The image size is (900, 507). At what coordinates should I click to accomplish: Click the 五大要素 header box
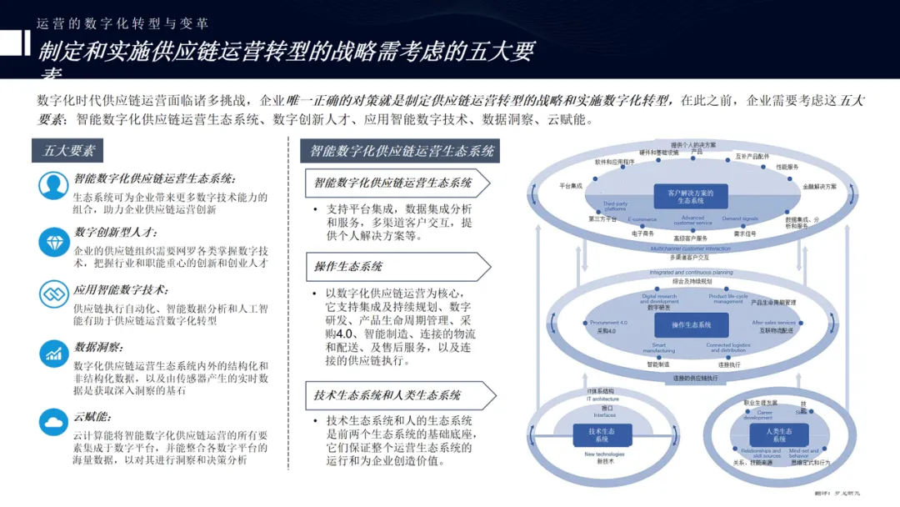point(69,151)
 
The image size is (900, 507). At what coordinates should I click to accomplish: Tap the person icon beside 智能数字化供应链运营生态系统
point(53,185)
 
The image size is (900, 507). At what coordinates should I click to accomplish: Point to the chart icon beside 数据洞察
point(53,354)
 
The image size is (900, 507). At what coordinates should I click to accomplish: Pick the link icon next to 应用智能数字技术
point(53,295)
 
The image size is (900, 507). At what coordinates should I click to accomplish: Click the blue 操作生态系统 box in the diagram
point(692,324)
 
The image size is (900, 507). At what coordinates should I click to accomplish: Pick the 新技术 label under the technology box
point(604,460)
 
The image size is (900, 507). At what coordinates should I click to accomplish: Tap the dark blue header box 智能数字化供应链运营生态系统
point(402,151)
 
